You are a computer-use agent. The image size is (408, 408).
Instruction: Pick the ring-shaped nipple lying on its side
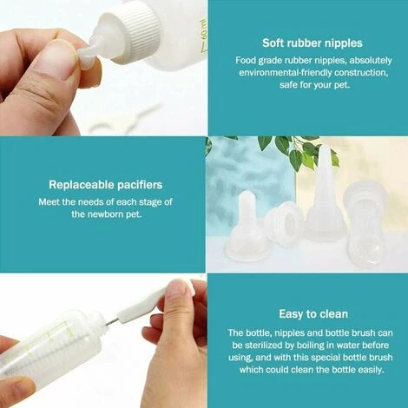pos(283,224)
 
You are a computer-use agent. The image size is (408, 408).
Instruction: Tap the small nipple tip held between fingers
pos(88,54)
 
